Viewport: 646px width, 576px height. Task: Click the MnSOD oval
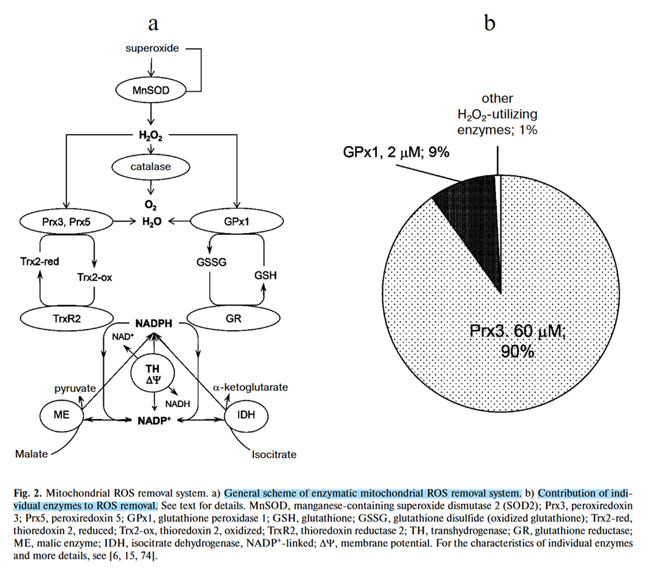point(151,90)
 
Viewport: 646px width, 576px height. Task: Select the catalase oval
point(151,167)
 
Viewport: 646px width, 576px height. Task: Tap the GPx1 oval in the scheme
point(238,222)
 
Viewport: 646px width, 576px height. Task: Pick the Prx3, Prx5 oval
point(66,222)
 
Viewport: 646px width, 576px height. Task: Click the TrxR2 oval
point(67,318)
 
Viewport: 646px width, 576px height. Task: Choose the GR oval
point(233,318)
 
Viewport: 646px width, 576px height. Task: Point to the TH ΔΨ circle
point(153,375)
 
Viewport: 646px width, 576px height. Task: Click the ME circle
point(61,414)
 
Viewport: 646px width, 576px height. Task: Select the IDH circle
point(246,415)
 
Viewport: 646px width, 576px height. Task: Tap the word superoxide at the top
point(152,48)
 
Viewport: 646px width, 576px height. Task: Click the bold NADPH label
point(153,324)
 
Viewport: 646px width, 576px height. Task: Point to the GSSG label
point(211,262)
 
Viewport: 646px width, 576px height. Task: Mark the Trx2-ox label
point(94,277)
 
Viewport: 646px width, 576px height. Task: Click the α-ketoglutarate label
point(250,388)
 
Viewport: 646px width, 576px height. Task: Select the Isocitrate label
point(274,455)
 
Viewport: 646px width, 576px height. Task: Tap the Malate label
point(31,454)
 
